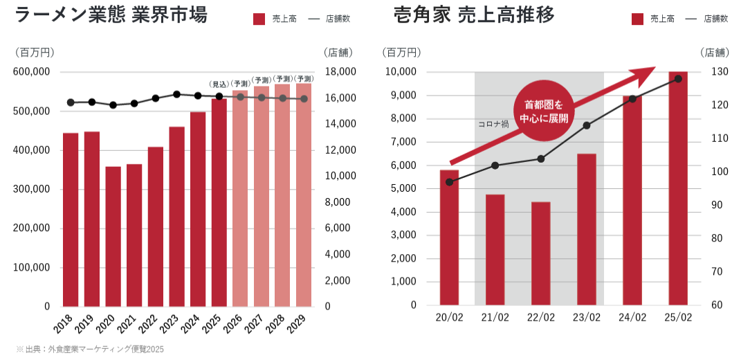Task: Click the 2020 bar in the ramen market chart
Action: [x=113, y=236]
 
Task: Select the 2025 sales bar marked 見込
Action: [x=219, y=202]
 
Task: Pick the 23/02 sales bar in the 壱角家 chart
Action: [x=587, y=229]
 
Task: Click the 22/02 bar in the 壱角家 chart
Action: [x=541, y=253]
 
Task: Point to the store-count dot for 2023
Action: [x=176, y=94]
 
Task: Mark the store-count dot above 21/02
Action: [x=495, y=165]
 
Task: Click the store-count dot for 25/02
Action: [x=678, y=79]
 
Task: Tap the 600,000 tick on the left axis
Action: [x=32, y=72]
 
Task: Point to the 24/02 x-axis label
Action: [x=632, y=318]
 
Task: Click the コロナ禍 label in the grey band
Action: [x=493, y=125]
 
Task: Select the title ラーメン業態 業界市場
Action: [x=111, y=15]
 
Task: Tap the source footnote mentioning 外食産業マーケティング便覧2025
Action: [x=90, y=350]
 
